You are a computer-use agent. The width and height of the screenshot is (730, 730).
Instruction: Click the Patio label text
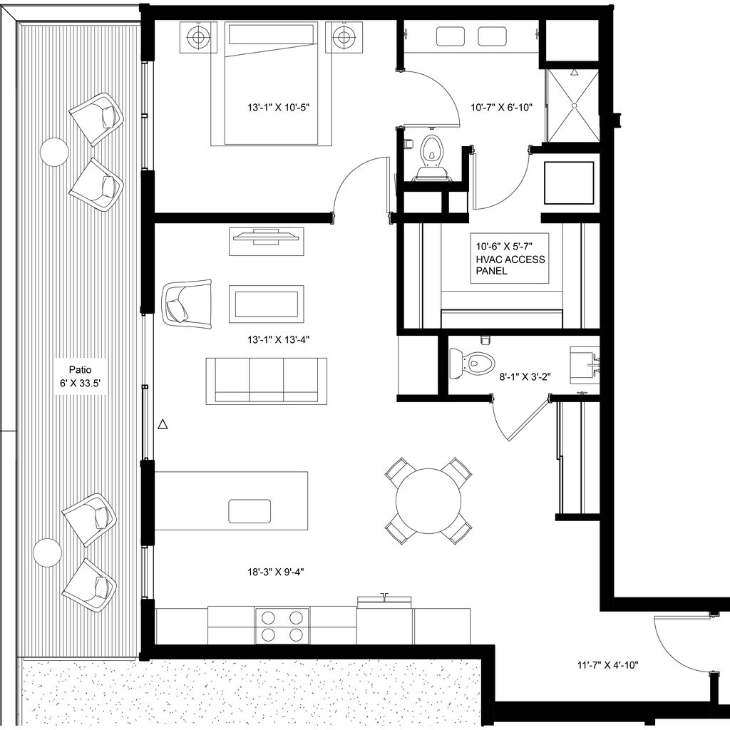point(80,370)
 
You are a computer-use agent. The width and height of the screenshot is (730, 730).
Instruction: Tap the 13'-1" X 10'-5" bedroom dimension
point(279,108)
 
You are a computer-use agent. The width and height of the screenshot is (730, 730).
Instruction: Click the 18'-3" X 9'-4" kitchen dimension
point(276,572)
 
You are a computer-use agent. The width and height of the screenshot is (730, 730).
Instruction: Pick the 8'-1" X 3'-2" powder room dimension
point(525,376)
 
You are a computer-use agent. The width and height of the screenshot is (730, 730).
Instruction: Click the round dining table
point(428,501)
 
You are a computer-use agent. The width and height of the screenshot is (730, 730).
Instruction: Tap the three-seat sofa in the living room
point(267,381)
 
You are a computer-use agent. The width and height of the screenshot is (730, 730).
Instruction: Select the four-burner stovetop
point(282,626)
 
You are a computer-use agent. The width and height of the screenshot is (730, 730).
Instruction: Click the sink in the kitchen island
point(250,511)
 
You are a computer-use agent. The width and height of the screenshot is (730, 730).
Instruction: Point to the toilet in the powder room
point(471,361)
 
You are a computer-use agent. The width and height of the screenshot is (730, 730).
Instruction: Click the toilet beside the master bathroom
point(431,158)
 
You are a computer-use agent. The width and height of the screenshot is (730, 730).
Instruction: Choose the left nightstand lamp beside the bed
point(198,36)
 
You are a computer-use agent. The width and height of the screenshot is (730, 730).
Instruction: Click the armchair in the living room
point(186,304)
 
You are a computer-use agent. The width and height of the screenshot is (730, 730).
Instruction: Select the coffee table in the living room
point(267,304)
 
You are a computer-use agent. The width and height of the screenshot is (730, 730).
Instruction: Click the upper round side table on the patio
point(54,152)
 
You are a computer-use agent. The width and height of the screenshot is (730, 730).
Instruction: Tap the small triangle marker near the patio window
point(163,424)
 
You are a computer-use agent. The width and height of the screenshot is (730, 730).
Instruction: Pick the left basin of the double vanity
point(451,36)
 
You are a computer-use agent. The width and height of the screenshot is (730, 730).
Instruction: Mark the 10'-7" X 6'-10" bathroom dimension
point(501,108)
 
